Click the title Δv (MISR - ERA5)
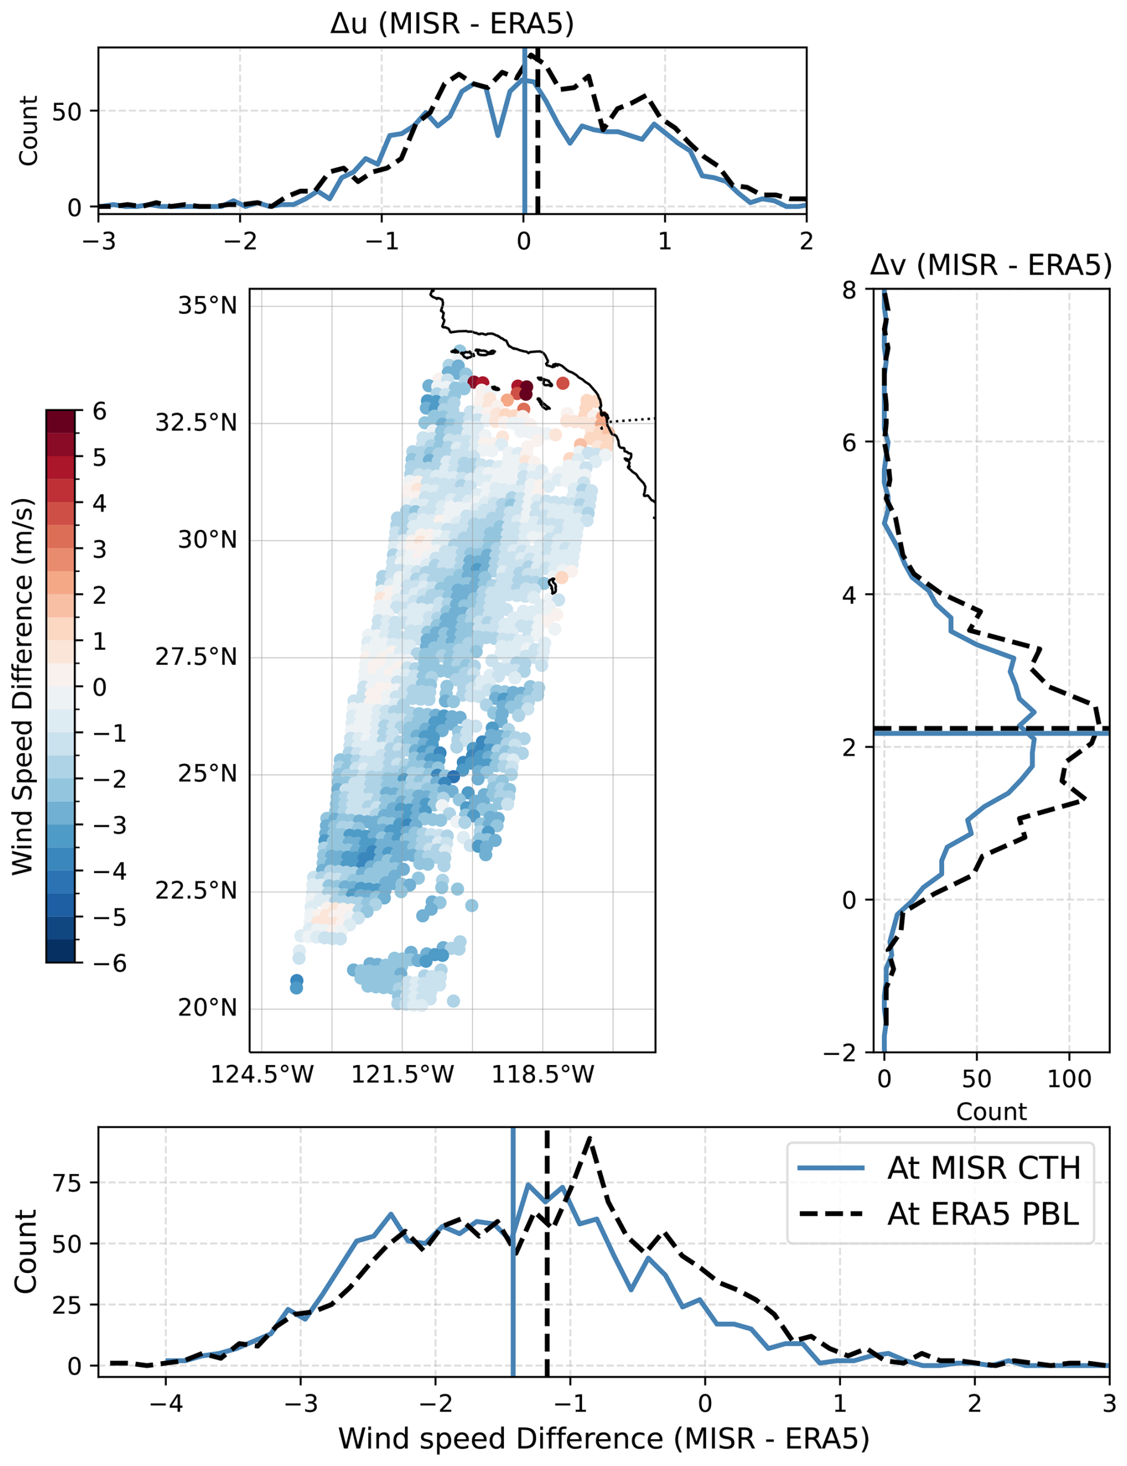tap(990, 266)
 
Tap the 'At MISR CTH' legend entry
tap(983, 1168)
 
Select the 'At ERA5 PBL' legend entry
tap(983, 1214)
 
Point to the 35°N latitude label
tap(207, 306)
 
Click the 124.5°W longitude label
tap(262, 1074)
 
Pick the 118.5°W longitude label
tap(543, 1074)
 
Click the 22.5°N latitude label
tap(196, 891)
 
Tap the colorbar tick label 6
tap(99, 411)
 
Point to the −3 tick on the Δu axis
tap(99, 240)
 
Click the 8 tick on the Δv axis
tap(849, 291)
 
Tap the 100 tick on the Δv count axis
tap(1069, 1079)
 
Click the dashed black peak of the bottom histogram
tap(589, 1137)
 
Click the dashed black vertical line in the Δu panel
tap(538, 134)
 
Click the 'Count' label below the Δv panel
tap(991, 1112)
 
